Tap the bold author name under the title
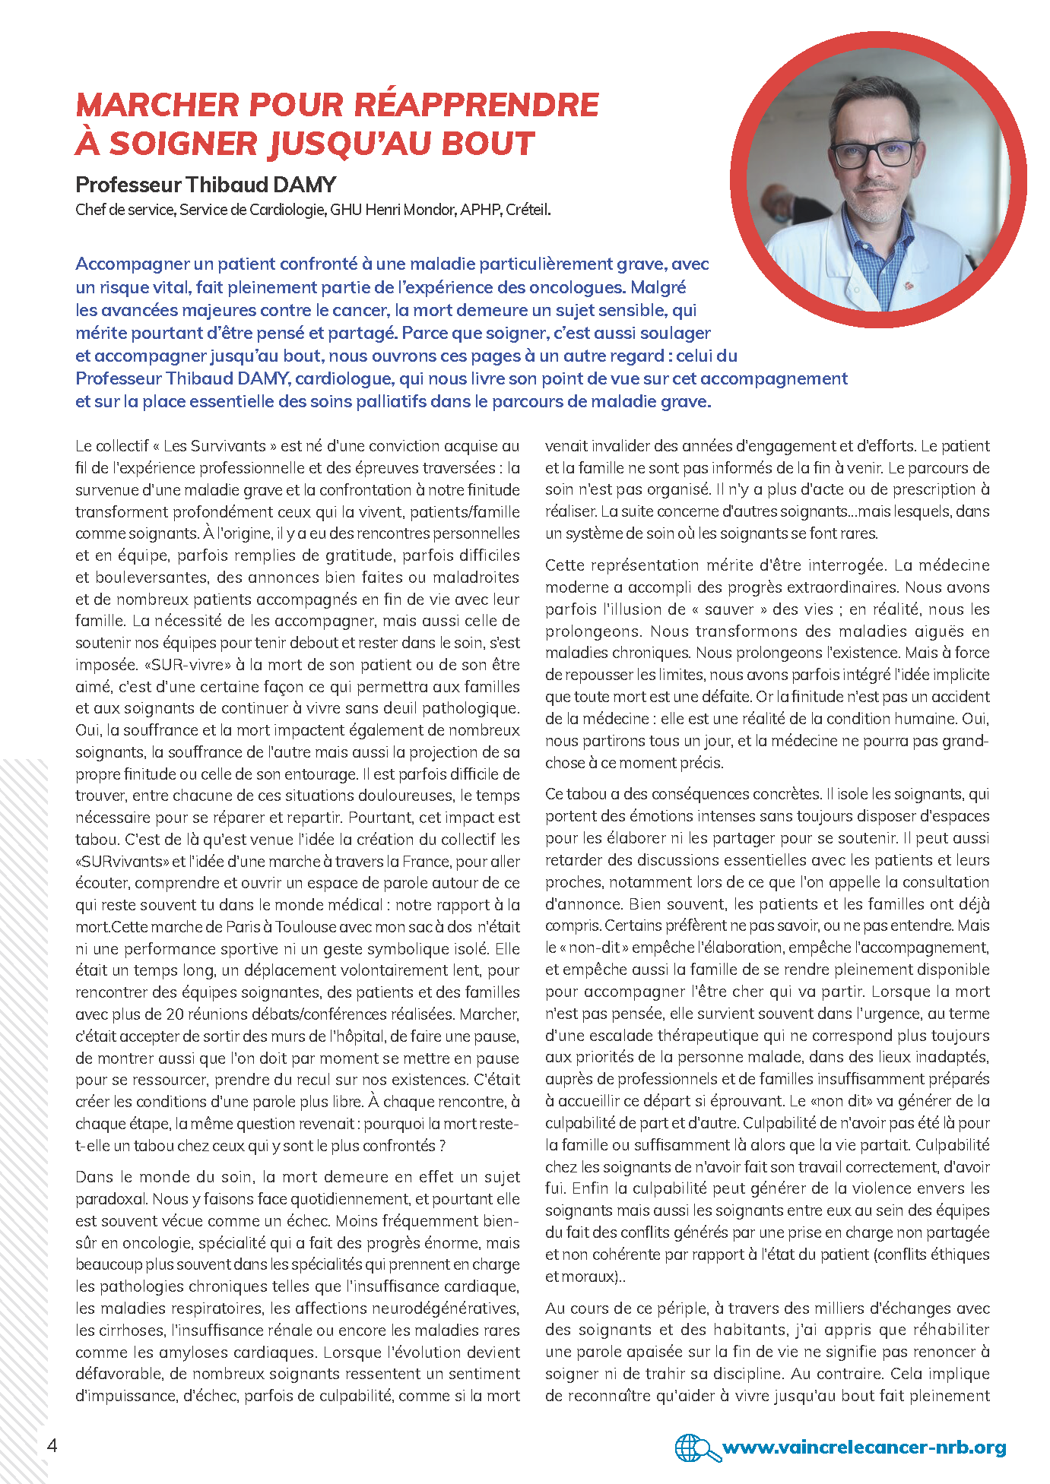click(206, 185)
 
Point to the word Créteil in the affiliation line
click(528, 210)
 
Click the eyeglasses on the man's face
click(874, 154)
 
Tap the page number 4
click(52, 1445)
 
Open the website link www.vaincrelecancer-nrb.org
click(864, 1448)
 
